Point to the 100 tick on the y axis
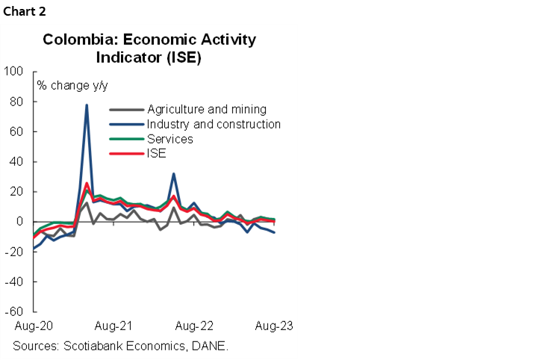pyautogui.click(x=14, y=72)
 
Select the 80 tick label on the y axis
pyautogui.click(x=17, y=102)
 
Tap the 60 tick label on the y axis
pyautogui.click(x=17, y=131)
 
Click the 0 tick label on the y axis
pyautogui.click(x=20, y=222)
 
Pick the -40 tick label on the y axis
pyautogui.click(x=15, y=282)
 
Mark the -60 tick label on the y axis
pyautogui.click(x=15, y=311)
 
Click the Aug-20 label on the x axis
pyautogui.click(x=32, y=326)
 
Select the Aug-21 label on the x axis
pyautogui.click(x=113, y=326)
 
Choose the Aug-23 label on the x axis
pyautogui.click(x=273, y=326)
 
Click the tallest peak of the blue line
pyautogui.click(x=87, y=105)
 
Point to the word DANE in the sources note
pyautogui.click(x=209, y=346)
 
